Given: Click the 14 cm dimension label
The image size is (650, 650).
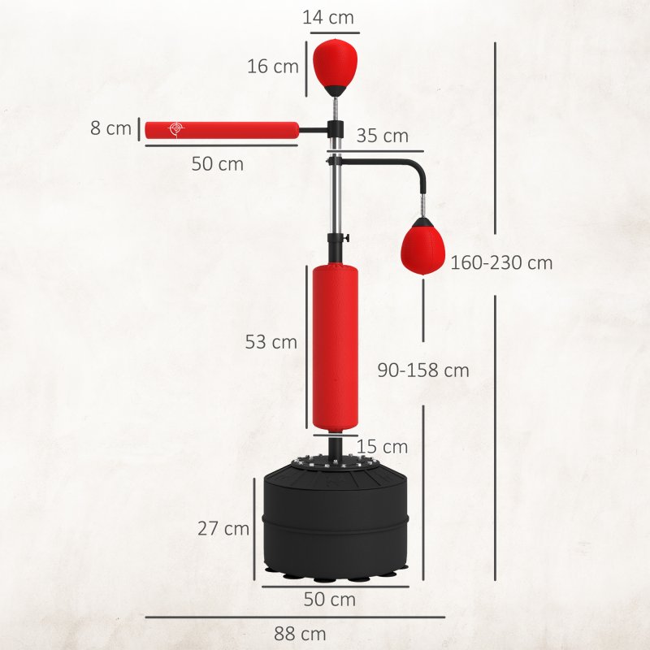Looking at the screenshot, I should click(x=330, y=17).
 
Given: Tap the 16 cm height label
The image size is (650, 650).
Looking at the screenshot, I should click(x=273, y=67).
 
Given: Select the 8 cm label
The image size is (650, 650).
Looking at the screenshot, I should click(x=111, y=128).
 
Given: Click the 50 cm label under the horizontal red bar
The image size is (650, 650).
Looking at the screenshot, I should click(x=217, y=163).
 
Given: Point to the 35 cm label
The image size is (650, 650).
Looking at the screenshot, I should click(x=382, y=136).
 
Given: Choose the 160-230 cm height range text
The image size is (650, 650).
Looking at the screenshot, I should click(x=501, y=262).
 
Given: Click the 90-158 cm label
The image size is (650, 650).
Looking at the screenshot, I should click(x=423, y=370).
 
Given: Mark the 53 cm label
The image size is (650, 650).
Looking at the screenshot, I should click(x=271, y=342).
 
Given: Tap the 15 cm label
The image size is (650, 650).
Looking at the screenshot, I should click(x=382, y=447).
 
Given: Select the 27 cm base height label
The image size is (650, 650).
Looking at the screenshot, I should click(x=223, y=528).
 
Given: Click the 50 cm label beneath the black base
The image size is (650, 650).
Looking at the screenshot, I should click(x=329, y=600).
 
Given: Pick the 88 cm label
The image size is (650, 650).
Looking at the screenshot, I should click(x=300, y=633).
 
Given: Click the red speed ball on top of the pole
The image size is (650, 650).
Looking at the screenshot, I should click(x=334, y=63).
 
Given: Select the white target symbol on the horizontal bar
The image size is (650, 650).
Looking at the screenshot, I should click(x=175, y=129).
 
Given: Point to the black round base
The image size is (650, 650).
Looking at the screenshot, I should click(x=335, y=520).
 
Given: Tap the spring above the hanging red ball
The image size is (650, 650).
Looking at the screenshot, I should click(x=422, y=205).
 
